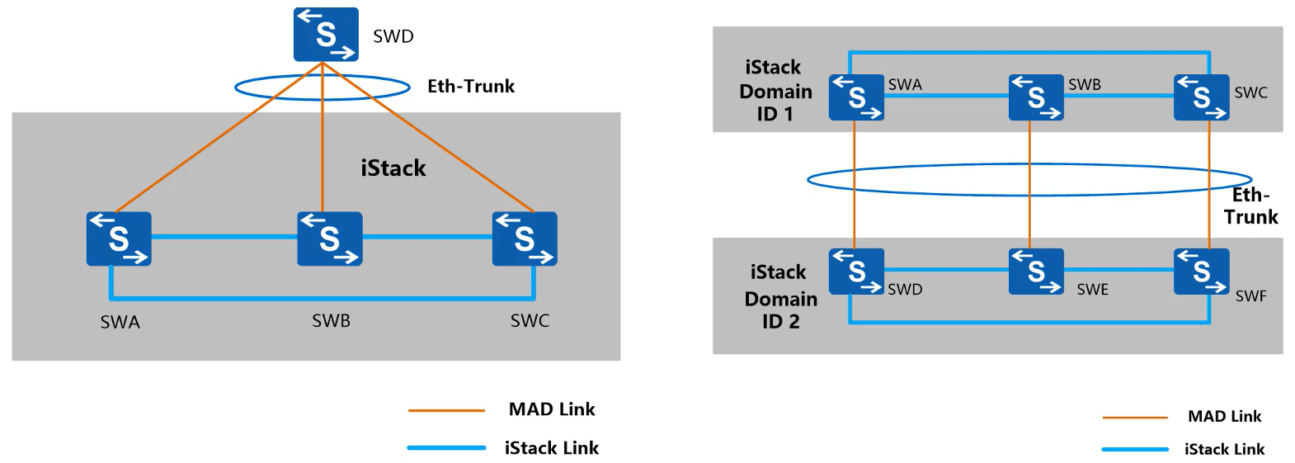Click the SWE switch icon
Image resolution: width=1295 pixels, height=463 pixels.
[x=1036, y=272]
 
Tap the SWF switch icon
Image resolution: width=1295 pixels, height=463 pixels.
[x=1201, y=272]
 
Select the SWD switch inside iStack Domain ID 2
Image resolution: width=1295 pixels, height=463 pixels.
[x=856, y=272]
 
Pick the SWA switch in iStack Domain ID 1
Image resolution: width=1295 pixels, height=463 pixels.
[x=856, y=97]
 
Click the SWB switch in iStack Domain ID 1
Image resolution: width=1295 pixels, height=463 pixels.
[x=1036, y=97]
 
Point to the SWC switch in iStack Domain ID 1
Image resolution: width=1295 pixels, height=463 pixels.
[x=1201, y=97]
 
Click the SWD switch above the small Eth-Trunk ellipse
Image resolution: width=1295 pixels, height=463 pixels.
[x=326, y=35]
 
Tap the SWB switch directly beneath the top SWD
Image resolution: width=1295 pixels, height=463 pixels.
[x=329, y=239]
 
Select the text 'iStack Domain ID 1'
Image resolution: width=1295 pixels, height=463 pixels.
[x=775, y=91]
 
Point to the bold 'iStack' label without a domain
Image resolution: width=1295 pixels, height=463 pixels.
[x=393, y=168]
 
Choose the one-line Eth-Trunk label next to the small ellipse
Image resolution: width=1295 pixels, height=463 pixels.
[x=471, y=87]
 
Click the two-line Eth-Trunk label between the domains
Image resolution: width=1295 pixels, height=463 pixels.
[x=1250, y=206]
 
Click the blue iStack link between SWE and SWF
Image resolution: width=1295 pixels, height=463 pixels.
[x=1118, y=269]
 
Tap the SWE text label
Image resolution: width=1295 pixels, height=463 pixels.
[x=1092, y=290]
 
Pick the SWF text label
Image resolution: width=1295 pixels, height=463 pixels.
[x=1250, y=296]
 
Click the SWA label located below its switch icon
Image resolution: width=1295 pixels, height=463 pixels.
[x=120, y=323]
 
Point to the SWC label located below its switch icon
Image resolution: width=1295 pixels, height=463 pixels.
[x=530, y=321]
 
